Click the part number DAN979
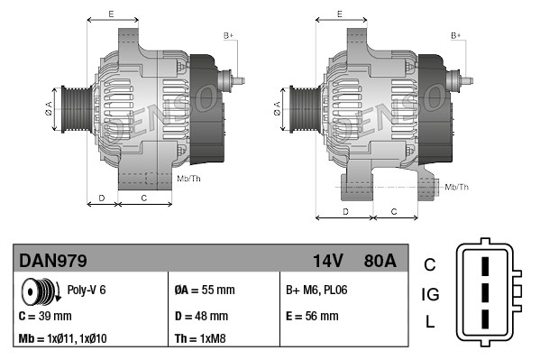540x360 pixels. (53, 262)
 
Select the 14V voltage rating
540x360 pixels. (327, 262)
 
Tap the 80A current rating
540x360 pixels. (378, 262)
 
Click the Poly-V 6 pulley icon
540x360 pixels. (40, 291)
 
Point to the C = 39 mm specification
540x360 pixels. (45, 316)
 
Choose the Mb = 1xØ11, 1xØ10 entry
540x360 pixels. (64, 339)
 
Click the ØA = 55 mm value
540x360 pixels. (204, 291)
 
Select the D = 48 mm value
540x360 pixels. (201, 316)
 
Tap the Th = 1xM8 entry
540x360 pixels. (201, 339)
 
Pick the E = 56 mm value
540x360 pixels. (312, 316)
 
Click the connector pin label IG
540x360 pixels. (430, 294)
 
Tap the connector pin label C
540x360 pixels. (430, 264)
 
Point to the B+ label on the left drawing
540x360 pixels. (228, 35)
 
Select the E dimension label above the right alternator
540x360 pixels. (338, 14)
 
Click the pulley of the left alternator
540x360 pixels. (74, 110)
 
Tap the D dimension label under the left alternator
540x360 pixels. (102, 196)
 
